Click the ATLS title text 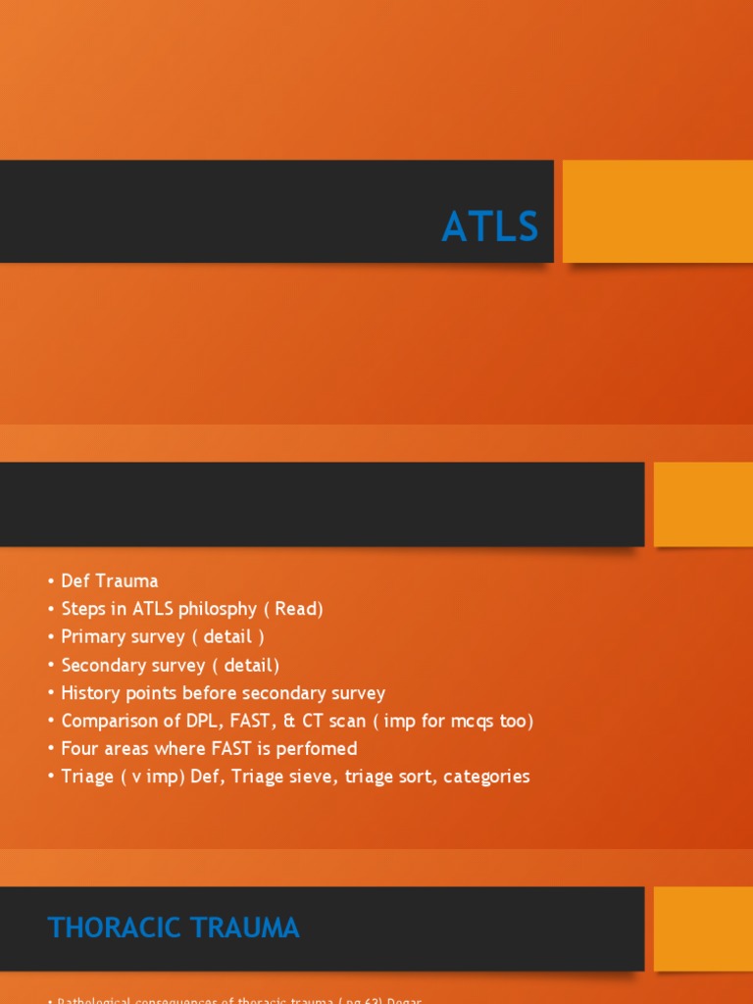pos(489,227)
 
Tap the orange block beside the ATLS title pos(658,211)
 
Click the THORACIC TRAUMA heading pos(174,928)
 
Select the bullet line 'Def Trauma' pos(109,580)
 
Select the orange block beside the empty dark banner pos(703,504)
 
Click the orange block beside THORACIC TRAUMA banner pos(703,929)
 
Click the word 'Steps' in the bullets pos(83,609)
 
